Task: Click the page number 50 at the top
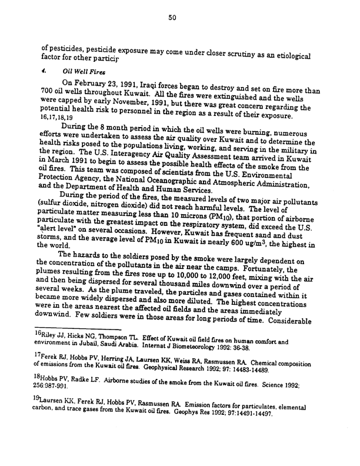[172, 18]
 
